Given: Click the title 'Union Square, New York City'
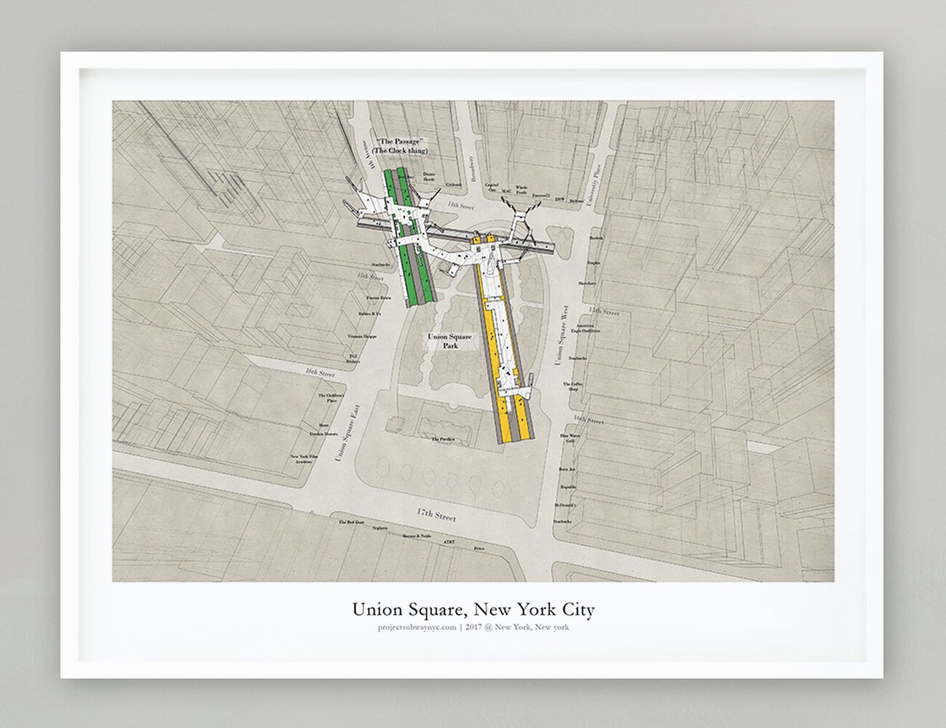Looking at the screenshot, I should [473, 608].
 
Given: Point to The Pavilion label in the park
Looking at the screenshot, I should [442, 440].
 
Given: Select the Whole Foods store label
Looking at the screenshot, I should [521, 189].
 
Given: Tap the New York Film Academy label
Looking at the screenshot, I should [302, 459].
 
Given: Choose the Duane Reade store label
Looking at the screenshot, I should [429, 175].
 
